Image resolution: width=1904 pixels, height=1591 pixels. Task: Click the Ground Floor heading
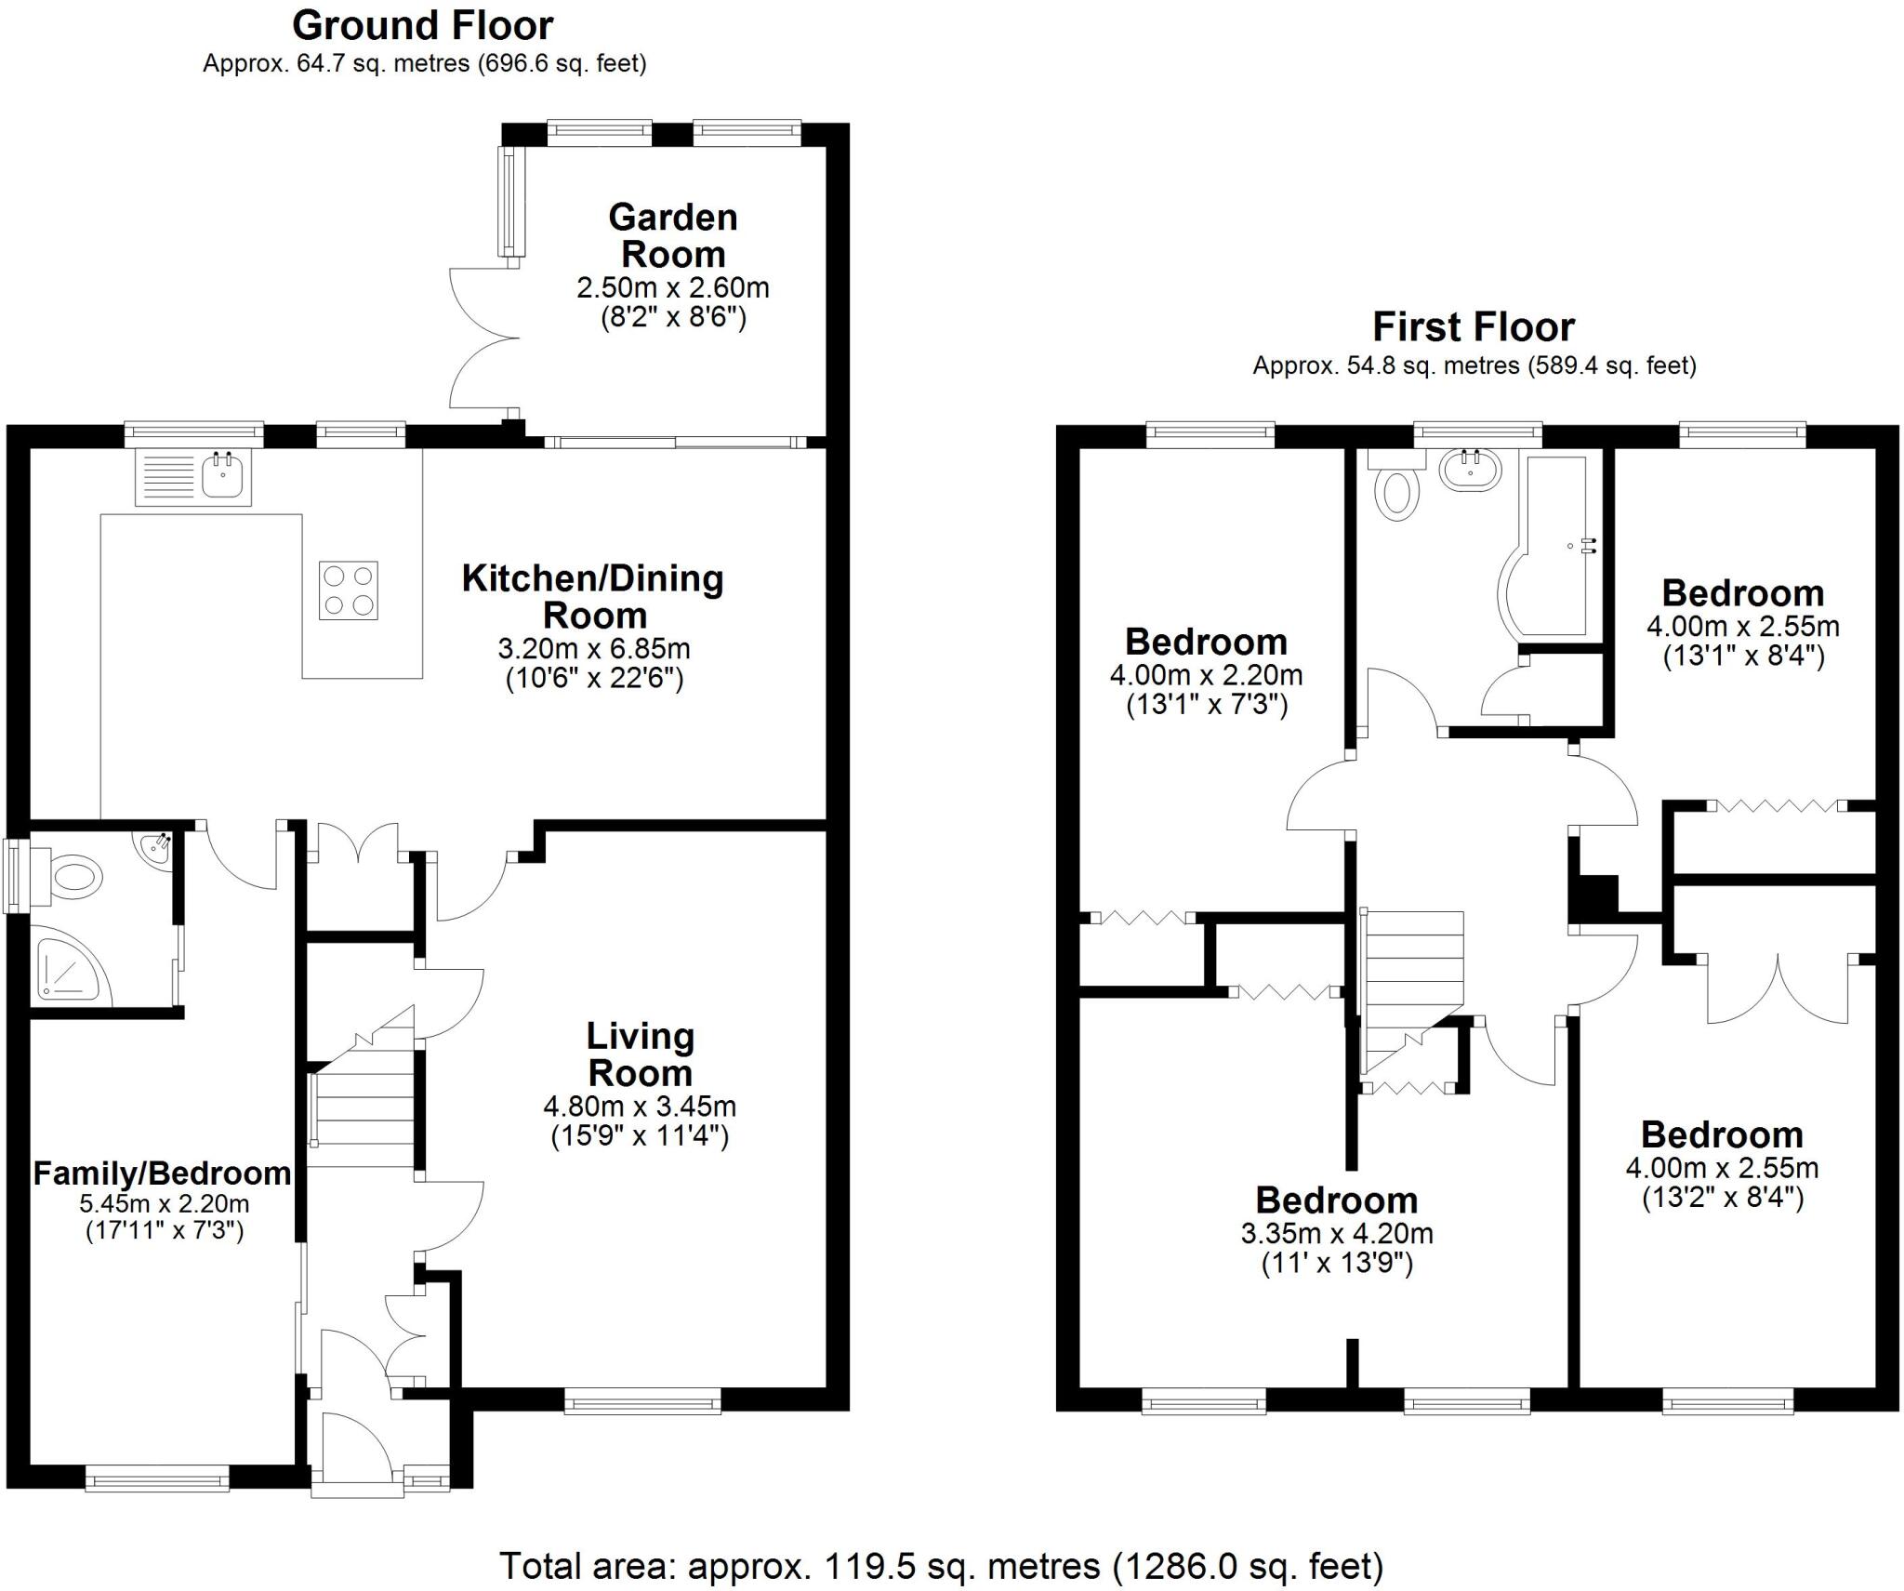point(422,26)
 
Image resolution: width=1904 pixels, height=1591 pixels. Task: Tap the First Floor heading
point(1474,327)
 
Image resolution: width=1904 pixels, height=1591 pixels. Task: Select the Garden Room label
point(673,235)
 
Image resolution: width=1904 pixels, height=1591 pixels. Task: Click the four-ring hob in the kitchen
point(349,590)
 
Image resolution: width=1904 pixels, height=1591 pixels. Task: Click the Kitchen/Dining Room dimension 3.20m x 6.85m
point(594,648)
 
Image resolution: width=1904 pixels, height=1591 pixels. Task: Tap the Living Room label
point(640,1054)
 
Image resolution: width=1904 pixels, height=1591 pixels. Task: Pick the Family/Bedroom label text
point(163,1173)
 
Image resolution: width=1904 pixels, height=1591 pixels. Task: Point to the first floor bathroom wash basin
point(1470,470)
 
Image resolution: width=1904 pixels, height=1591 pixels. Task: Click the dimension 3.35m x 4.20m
point(1336,1234)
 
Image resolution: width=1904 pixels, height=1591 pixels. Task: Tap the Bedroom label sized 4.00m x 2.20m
point(1206,642)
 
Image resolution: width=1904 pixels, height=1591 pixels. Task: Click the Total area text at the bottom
point(941,1565)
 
